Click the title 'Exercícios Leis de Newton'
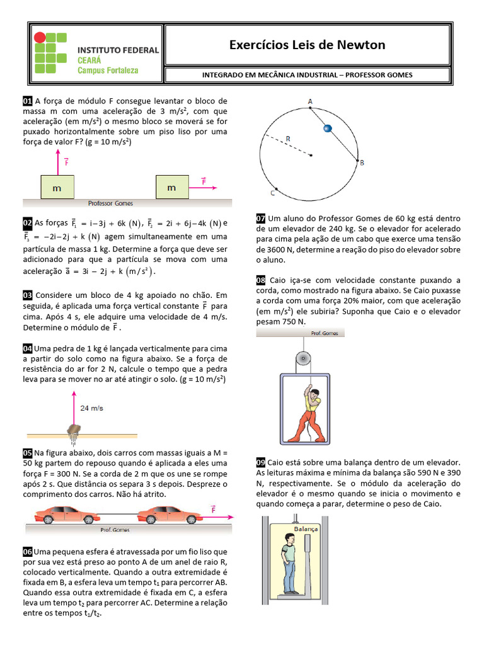[307, 45]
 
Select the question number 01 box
[27, 101]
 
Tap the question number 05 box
[27, 453]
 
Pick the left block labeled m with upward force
[57, 188]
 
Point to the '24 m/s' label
[92, 408]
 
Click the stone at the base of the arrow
[74, 431]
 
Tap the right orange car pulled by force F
[178, 515]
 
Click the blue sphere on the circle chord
[327, 128]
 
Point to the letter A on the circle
[310, 101]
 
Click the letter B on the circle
[361, 163]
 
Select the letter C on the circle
[272, 193]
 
